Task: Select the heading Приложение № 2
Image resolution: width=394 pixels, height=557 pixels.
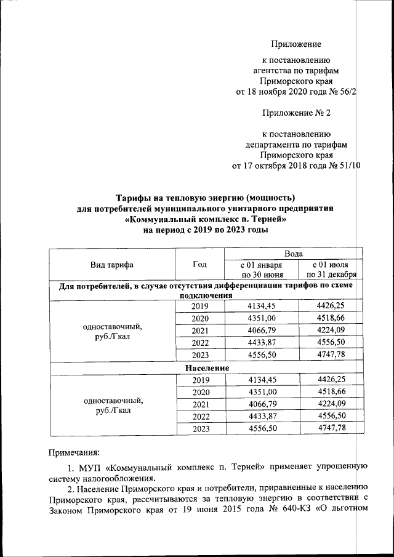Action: [x=296, y=113]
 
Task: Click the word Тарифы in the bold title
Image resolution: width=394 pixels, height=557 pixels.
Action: [x=137, y=198]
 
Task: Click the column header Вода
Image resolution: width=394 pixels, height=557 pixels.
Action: [x=293, y=254]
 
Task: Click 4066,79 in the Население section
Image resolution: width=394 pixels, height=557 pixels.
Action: [x=262, y=404]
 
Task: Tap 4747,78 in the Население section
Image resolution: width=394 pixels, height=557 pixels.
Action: [x=331, y=428]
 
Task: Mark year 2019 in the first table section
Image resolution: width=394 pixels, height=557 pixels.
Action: [x=200, y=307]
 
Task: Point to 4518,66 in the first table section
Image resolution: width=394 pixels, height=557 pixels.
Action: [x=331, y=318]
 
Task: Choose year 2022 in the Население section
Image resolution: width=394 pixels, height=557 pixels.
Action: [x=200, y=416]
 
